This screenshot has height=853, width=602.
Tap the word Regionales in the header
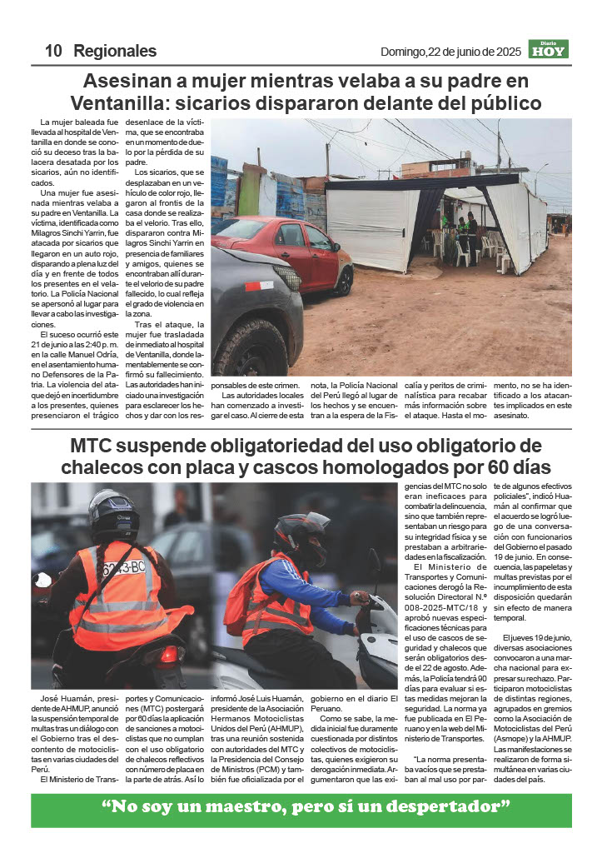[x=115, y=51]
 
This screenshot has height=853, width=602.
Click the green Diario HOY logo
[x=549, y=49]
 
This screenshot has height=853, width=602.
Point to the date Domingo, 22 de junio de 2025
[x=450, y=52]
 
